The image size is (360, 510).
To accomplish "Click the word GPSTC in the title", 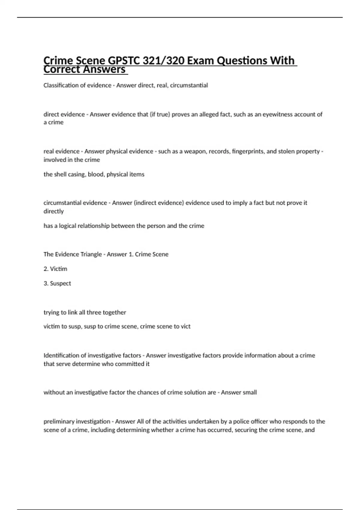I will [123, 61].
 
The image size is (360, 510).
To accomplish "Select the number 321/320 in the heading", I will [163, 61].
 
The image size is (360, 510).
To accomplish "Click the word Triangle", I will [89, 254].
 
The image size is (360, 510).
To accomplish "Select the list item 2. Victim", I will [55, 269].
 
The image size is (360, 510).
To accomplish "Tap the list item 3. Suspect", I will [57, 283].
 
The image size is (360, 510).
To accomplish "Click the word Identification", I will [61, 355].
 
